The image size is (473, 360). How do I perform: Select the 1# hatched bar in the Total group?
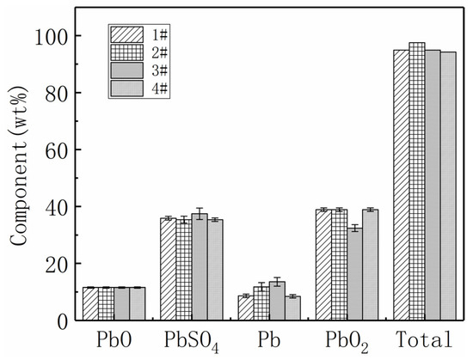[401, 185]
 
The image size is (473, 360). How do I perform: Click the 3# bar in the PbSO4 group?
[200, 267]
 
